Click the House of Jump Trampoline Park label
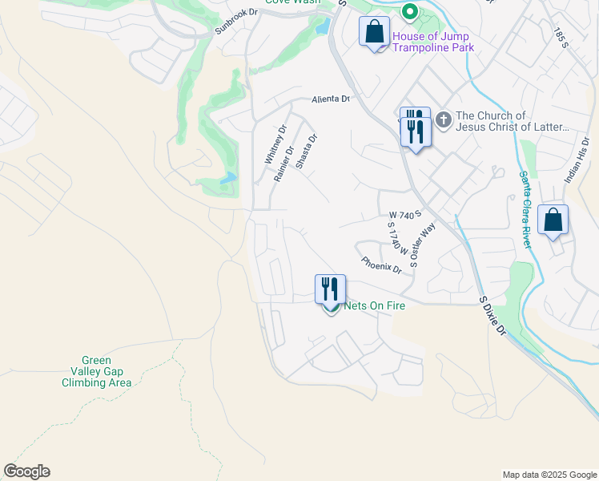[432, 42]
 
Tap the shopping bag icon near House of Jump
[374, 33]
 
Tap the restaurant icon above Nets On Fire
[330, 289]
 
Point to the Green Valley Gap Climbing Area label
[97, 372]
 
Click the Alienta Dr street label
[331, 99]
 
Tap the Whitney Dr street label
[275, 145]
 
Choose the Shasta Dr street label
[307, 150]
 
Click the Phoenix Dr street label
[381, 264]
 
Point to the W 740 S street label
[404, 215]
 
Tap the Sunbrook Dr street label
[237, 23]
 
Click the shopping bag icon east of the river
[553, 220]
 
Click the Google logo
[26, 471]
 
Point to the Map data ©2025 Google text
[549, 475]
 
